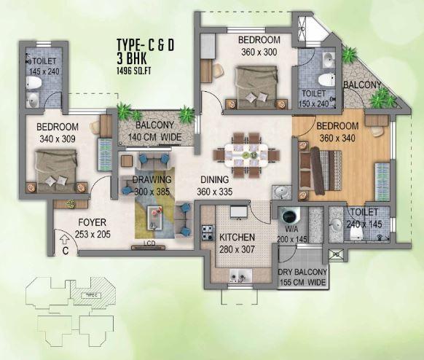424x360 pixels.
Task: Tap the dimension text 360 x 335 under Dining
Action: coord(216,191)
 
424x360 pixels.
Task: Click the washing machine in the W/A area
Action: coord(290,217)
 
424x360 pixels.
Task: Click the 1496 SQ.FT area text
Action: coord(138,70)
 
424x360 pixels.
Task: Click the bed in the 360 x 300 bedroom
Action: coord(256,84)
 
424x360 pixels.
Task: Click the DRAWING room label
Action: coord(152,180)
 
